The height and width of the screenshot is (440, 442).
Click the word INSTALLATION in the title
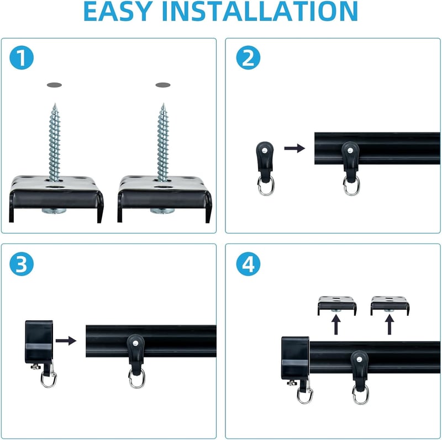pyautogui.click(x=260, y=11)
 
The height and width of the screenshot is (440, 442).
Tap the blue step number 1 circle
pyautogui.click(x=22, y=57)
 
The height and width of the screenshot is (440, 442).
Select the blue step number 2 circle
pyautogui.click(x=248, y=57)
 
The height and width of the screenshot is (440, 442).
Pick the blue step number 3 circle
pyautogui.click(x=22, y=264)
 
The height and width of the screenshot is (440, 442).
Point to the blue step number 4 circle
pyautogui.click(x=248, y=264)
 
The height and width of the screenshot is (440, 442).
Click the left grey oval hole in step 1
pyautogui.click(x=54, y=85)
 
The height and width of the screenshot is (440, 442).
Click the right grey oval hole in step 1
pyautogui.click(x=163, y=85)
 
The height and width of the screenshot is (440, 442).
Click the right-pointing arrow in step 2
pyautogui.click(x=294, y=148)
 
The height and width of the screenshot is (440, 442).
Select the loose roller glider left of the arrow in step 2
pyautogui.click(x=265, y=168)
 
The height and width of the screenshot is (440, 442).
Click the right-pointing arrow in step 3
pyautogui.click(x=66, y=341)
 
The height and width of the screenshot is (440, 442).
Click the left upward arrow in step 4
pyautogui.click(x=336, y=325)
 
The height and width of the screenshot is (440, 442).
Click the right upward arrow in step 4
pyautogui.click(x=390, y=325)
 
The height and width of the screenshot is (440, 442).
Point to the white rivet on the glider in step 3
pyautogui.click(x=135, y=343)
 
